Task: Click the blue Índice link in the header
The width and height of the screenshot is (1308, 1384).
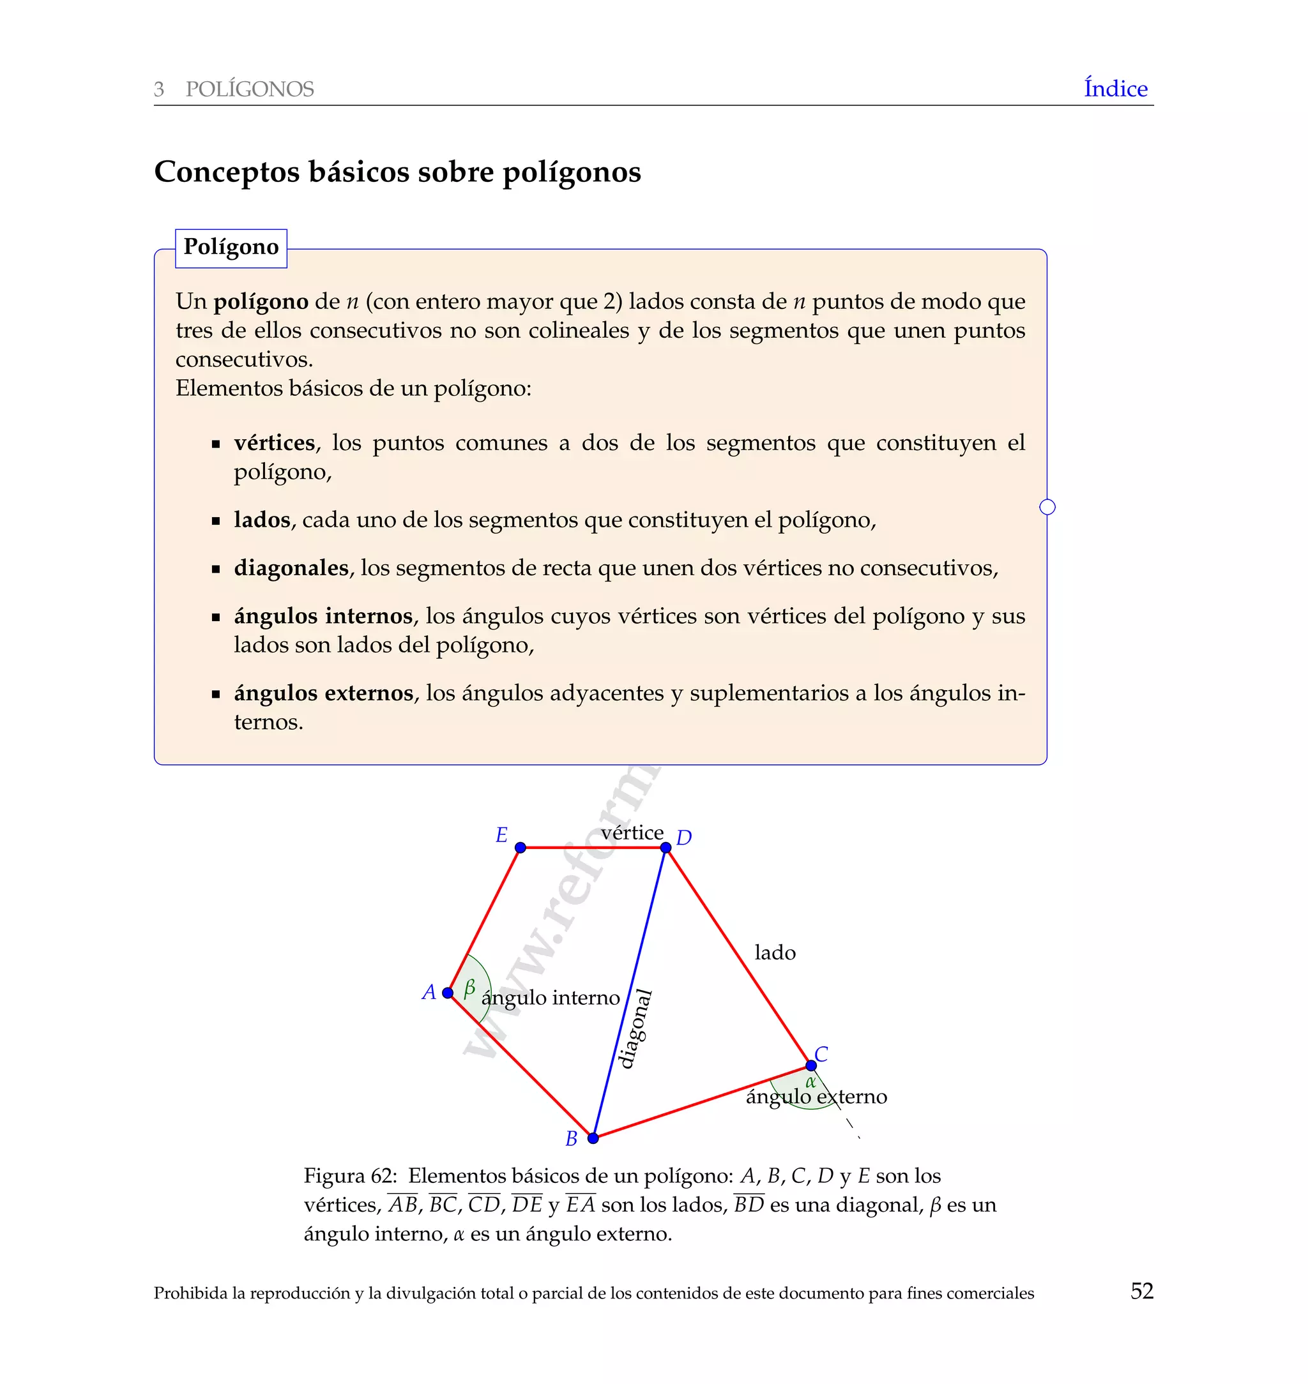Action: point(1115,89)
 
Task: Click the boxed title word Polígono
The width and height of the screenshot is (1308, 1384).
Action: point(231,248)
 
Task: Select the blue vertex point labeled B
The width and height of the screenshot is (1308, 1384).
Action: point(593,1138)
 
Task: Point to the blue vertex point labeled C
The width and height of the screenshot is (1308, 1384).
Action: point(811,1065)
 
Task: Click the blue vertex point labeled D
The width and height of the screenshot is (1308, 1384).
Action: point(665,847)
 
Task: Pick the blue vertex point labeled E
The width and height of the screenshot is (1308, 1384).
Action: point(520,847)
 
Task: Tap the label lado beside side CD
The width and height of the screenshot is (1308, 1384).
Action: point(775,952)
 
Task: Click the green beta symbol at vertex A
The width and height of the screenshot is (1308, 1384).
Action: point(469,988)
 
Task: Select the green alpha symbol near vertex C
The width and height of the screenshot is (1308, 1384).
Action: point(810,1082)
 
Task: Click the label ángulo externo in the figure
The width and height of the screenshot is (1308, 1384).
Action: point(816,1097)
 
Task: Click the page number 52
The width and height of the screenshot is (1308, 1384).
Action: point(1141,1291)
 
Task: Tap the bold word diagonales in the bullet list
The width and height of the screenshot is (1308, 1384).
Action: point(291,568)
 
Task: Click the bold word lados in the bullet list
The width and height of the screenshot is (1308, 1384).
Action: point(261,520)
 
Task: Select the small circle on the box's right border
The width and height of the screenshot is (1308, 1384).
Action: point(1047,507)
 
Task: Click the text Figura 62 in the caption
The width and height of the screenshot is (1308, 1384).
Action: point(349,1176)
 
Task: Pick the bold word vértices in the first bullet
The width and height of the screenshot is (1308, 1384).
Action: point(274,442)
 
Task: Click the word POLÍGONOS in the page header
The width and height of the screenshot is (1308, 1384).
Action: point(250,89)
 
